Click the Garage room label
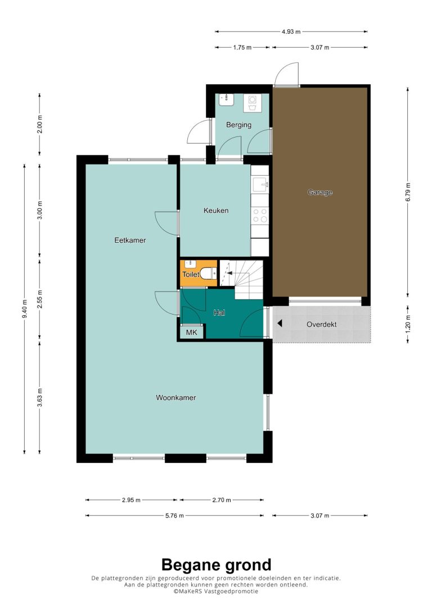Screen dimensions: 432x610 coord(320,192)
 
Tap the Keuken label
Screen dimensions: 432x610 coord(216,211)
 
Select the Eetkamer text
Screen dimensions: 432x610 coord(130,240)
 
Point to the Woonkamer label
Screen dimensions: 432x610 coord(175,398)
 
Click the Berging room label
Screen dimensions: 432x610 coord(239,125)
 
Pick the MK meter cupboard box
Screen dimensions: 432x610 coord(192,332)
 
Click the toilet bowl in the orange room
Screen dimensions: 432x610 coord(208,273)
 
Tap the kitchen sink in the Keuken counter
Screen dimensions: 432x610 coord(260,184)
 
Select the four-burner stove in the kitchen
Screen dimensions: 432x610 coord(260,215)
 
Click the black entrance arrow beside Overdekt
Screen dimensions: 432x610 coord(280,324)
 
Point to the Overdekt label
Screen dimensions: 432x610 coord(321,325)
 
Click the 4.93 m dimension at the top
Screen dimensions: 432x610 coord(291,31)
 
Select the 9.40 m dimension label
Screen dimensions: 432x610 coord(25,308)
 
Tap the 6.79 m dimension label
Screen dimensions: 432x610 coord(408,192)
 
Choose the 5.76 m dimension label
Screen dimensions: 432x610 coord(174,516)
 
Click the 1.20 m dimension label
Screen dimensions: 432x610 coord(408,324)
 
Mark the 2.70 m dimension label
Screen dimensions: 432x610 coord(222,500)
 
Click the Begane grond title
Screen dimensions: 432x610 coord(216,565)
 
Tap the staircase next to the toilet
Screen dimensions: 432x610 coord(241,279)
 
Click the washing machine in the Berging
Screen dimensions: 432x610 coord(253,103)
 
